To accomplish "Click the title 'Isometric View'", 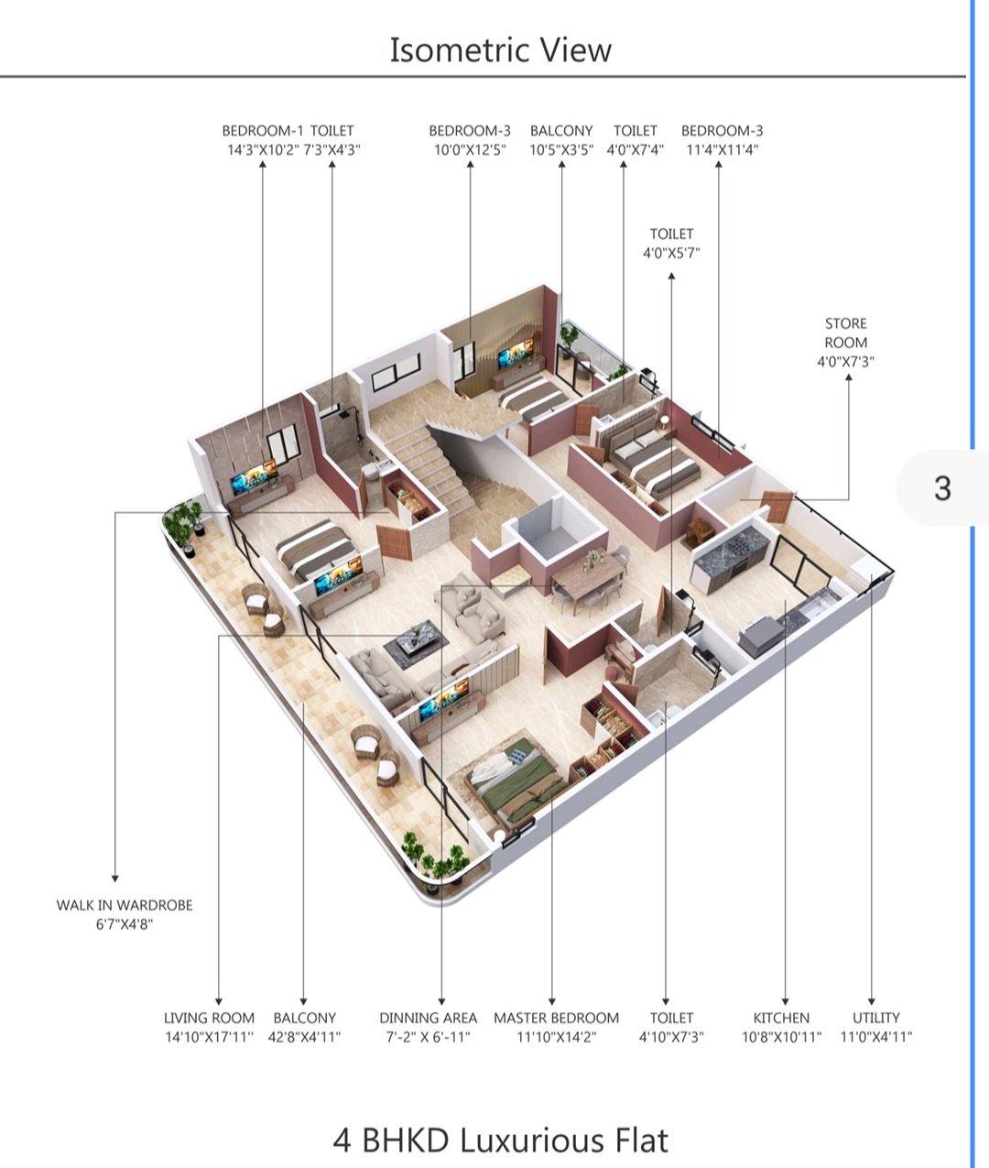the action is pyautogui.click(x=500, y=49).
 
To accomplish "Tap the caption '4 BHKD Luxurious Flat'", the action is pyautogui.click(x=500, y=1140).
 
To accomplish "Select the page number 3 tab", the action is pyautogui.click(x=942, y=488).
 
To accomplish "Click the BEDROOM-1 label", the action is pyautogui.click(x=263, y=131).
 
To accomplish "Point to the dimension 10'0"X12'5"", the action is pyautogui.click(x=470, y=150).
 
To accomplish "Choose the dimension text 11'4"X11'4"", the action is pyautogui.click(x=723, y=150).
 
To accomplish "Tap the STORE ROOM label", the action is pyautogui.click(x=845, y=333).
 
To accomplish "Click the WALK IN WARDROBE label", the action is pyautogui.click(x=125, y=905).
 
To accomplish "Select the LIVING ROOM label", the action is pyautogui.click(x=209, y=1018).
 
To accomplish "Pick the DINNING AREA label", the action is pyautogui.click(x=429, y=1018).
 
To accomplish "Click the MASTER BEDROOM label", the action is pyautogui.click(x=557, y=1018).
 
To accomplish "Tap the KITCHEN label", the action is pyautogui.click(x=781, y=1018).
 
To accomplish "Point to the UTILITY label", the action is pyautogui.click(x=876, y=1018).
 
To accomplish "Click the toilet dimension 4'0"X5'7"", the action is pyautogui.click(x=671, y=253).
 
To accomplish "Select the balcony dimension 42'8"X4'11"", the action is pyautogui.click(x=304, y=1037).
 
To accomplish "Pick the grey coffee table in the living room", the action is pyautogui.click(x=417, y=644).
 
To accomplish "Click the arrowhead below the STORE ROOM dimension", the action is pyautogui.click(x=848, y=377).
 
